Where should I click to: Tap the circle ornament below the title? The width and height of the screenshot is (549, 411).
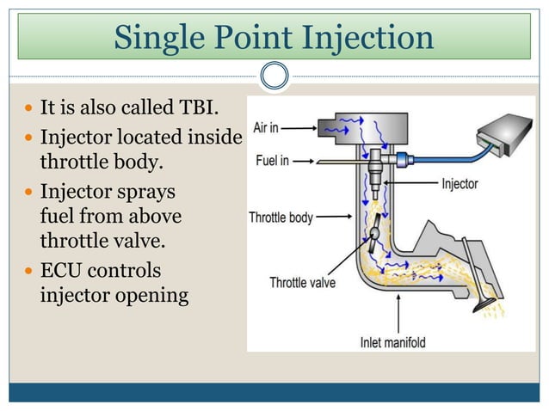click(x=274, y=77)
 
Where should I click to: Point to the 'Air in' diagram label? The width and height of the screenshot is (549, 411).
click(x=264, y=127)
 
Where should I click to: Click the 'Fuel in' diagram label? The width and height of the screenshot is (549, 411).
click(x=271, y=161)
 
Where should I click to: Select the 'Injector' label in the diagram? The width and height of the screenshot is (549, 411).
click(x=460, y=184)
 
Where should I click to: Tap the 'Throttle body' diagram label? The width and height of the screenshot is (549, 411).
click(x=281, y=218)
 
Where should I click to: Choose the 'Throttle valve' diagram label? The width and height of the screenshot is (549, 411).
click(x=302, y=281)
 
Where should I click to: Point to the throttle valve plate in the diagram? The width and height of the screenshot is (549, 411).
click(x=375, y=233)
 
